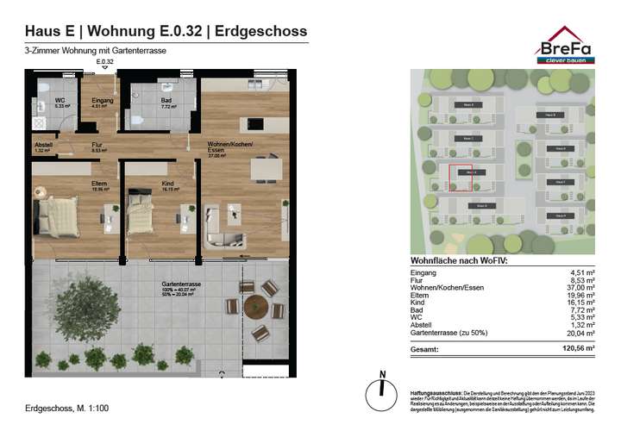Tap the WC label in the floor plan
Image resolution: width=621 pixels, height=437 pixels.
(x=60, y=101)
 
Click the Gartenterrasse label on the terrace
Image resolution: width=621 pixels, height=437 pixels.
(x=181, y=284)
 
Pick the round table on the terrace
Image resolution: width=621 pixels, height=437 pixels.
(x=256, y=307)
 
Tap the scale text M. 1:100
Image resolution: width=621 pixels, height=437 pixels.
(x=91, y=406)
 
